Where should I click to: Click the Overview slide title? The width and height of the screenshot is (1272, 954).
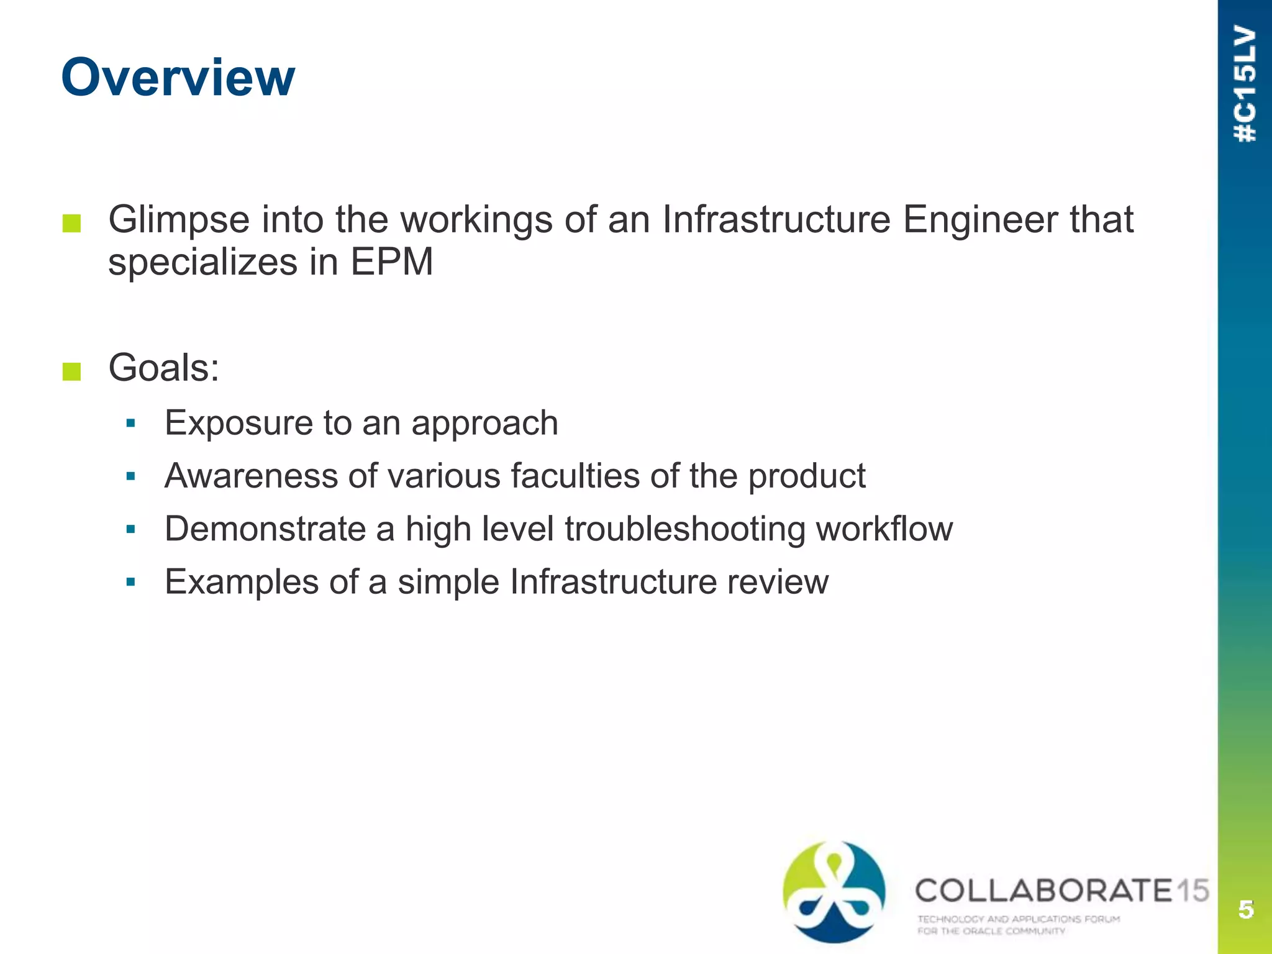[x=178, y=78]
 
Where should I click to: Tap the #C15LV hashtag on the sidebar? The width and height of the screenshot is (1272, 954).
[x=1245, y=84]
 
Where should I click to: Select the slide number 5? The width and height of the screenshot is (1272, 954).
[x=1245, y=909]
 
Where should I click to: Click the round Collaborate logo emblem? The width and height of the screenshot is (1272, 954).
[x=834, y=891]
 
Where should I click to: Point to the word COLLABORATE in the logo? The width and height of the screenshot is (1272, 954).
[x=1043, y=891]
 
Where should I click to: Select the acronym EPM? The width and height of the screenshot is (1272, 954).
[x=391, y=262]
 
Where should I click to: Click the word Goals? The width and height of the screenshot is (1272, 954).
[x=164, y=368]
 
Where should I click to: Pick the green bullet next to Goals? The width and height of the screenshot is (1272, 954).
[x=72, y=371]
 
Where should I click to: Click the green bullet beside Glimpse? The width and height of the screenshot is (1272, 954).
[x=72, y=224]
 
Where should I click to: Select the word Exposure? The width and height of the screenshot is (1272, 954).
[x=238, y=424]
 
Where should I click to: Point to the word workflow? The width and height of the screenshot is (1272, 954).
[x=884, y=529]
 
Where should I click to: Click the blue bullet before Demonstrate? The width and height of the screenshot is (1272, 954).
[x=130, y=530]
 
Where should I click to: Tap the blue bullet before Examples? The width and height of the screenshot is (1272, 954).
[x=130, y=583]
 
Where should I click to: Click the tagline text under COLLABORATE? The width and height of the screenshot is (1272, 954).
[x=1019, y=924]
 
